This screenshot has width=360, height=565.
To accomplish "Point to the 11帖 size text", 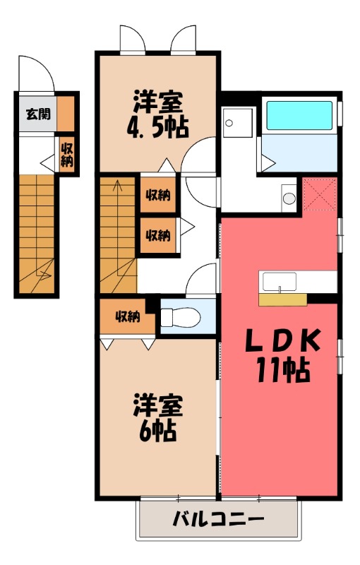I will [282, 369].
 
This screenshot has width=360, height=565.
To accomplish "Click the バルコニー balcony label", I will [218, 521].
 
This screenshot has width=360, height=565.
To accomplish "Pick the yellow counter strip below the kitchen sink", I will [282, 299].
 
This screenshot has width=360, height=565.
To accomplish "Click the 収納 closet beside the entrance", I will [67, 155].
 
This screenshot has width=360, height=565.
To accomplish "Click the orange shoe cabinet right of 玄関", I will [66, 113].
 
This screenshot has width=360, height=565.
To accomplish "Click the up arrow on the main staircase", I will [117, 189].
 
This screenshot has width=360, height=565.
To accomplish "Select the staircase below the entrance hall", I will [37, 233].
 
